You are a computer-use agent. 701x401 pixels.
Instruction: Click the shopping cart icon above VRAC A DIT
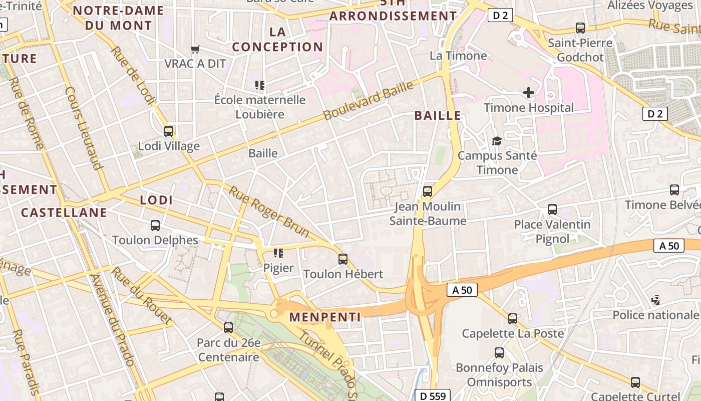pos(195,49)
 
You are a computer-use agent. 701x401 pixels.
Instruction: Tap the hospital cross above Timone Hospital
pos(528,93)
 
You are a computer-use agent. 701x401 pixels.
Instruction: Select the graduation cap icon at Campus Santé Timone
pos(497,141)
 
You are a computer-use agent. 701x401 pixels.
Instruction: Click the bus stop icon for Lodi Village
pos(169,131)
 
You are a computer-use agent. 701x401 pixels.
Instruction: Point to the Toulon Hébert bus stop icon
pos(343,259)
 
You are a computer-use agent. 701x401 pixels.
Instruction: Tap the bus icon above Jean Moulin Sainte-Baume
pos(428,191)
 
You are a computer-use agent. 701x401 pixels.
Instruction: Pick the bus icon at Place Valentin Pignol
pos(552,209)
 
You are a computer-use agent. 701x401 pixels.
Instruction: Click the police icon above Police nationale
pos(655,300)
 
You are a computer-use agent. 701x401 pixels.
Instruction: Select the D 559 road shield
pos(433,395)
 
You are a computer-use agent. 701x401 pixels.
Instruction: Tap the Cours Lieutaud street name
pos(84,128)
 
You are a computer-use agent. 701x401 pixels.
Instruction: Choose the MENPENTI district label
pos(325,317)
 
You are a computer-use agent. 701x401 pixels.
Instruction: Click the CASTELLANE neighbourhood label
pos(64,212)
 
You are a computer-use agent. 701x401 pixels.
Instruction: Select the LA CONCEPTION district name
pos(277,40)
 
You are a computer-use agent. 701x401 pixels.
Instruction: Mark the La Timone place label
pos(458,55)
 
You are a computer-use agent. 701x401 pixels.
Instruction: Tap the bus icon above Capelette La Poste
pos(513,319)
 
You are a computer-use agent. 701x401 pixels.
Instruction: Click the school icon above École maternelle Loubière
pos(259,85)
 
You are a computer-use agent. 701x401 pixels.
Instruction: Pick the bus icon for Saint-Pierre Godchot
pos(580,28)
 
